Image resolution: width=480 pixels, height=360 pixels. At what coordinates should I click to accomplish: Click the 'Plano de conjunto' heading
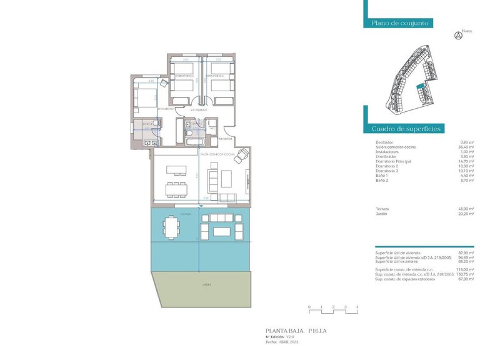point(399,23)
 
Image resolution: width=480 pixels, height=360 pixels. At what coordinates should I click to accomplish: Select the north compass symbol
point(459,36)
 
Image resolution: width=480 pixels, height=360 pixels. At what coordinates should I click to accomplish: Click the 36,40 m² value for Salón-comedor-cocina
point(466,147)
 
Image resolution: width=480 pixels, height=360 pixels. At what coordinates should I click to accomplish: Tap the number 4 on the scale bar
point(357,307)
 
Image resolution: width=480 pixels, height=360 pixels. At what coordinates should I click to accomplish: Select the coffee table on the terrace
point(222,231)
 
